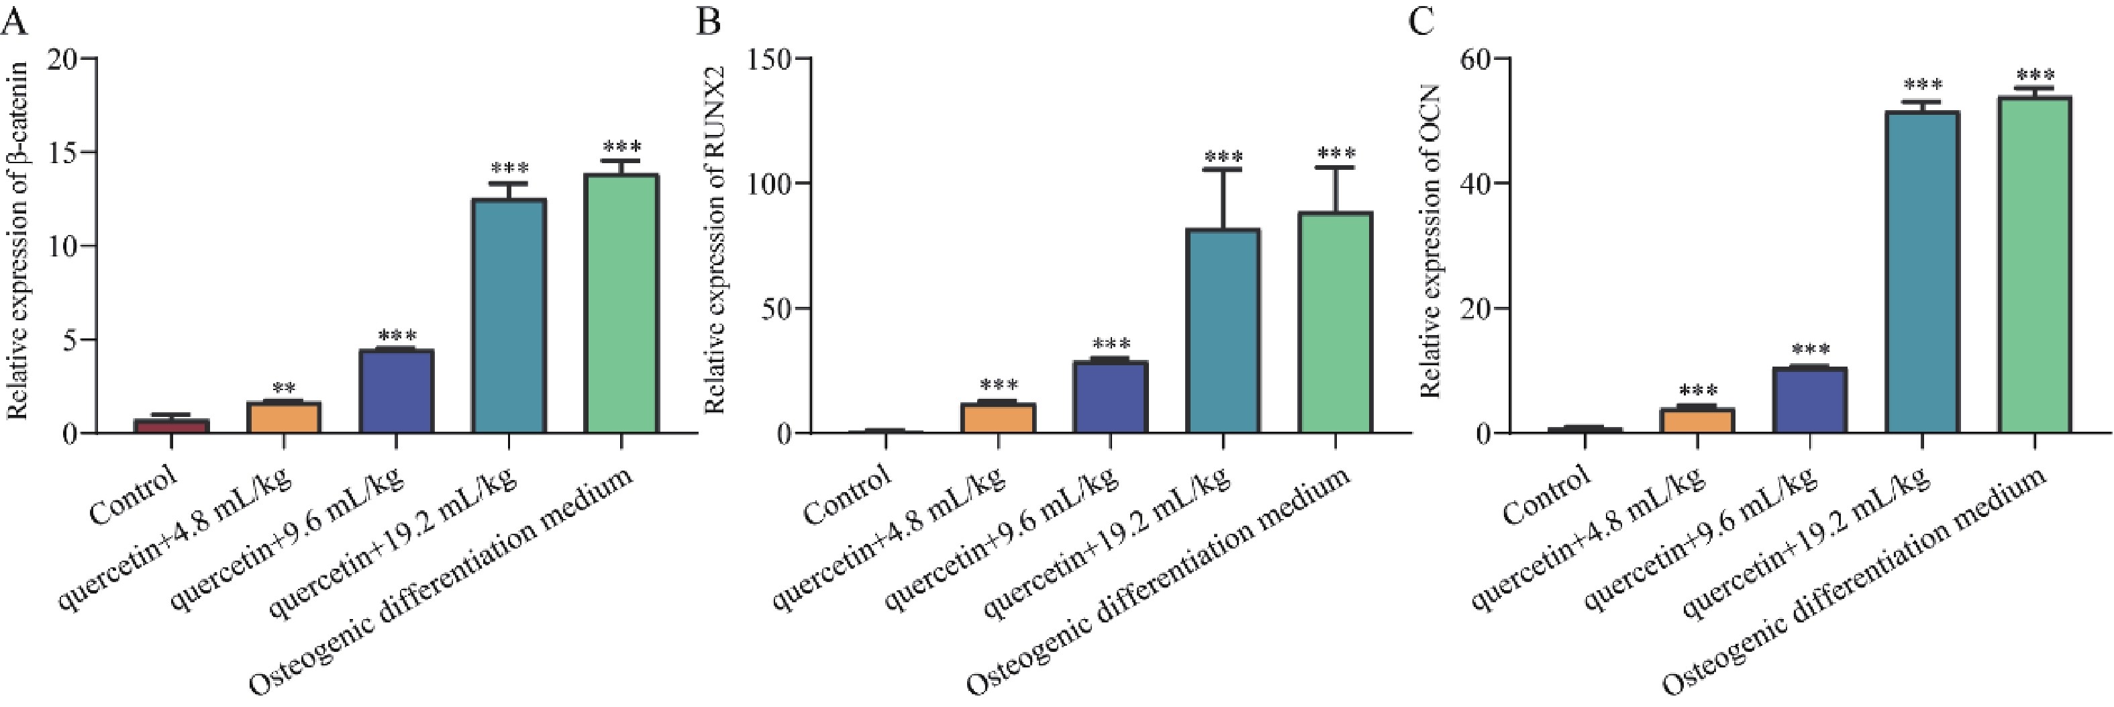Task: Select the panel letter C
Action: (x=1421, y=21)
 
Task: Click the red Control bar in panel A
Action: (x=172, y=426)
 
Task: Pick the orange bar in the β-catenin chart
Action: (x=284, y=417)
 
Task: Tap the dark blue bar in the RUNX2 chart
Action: (x=1110, y=397)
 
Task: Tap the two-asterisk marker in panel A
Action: (x=284, y=388)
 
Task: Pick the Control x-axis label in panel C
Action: (x=1548, y=496)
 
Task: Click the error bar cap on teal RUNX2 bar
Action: (x=1223, y=169)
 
